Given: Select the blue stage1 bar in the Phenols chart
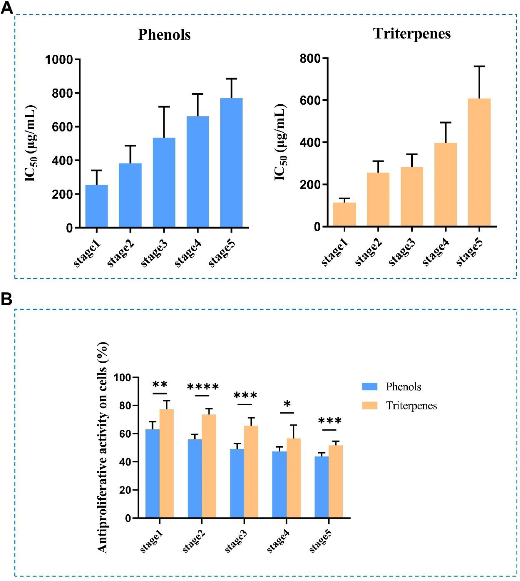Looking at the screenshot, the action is (x=97, y=206).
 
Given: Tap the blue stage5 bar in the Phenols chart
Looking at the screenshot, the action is (x=231, y=163).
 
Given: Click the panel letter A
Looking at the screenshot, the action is (x=7, y=8).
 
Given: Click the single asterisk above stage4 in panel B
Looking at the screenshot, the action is (x=287, y=404).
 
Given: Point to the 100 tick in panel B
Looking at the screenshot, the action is (x=124, y=377).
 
